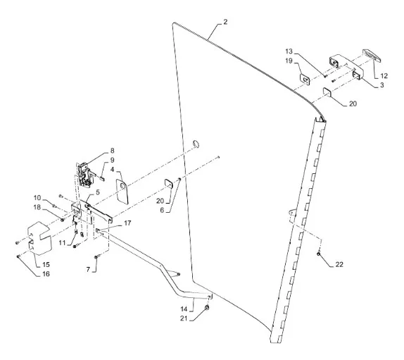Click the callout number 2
tap(225, 22)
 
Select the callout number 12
tap(384, 76)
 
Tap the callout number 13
tap(289, 51)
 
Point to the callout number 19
tap(289, 61)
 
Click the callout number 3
tap(382, 85)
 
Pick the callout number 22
tap(339, 264)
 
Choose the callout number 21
tap(184, 318)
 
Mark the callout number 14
tap(184, 309)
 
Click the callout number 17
tap(127, 223)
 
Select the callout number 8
tap(112, 150)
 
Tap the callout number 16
tap(46, 274)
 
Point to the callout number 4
tap(112, 170)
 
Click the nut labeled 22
tap(318, 254)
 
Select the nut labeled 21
tap(207, 308)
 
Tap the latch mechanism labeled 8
tap(84, 174)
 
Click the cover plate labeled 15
tap(39, 238)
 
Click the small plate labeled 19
tap(305, 79)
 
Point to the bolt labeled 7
tap(96, 257)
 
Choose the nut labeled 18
tap(62, 220)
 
